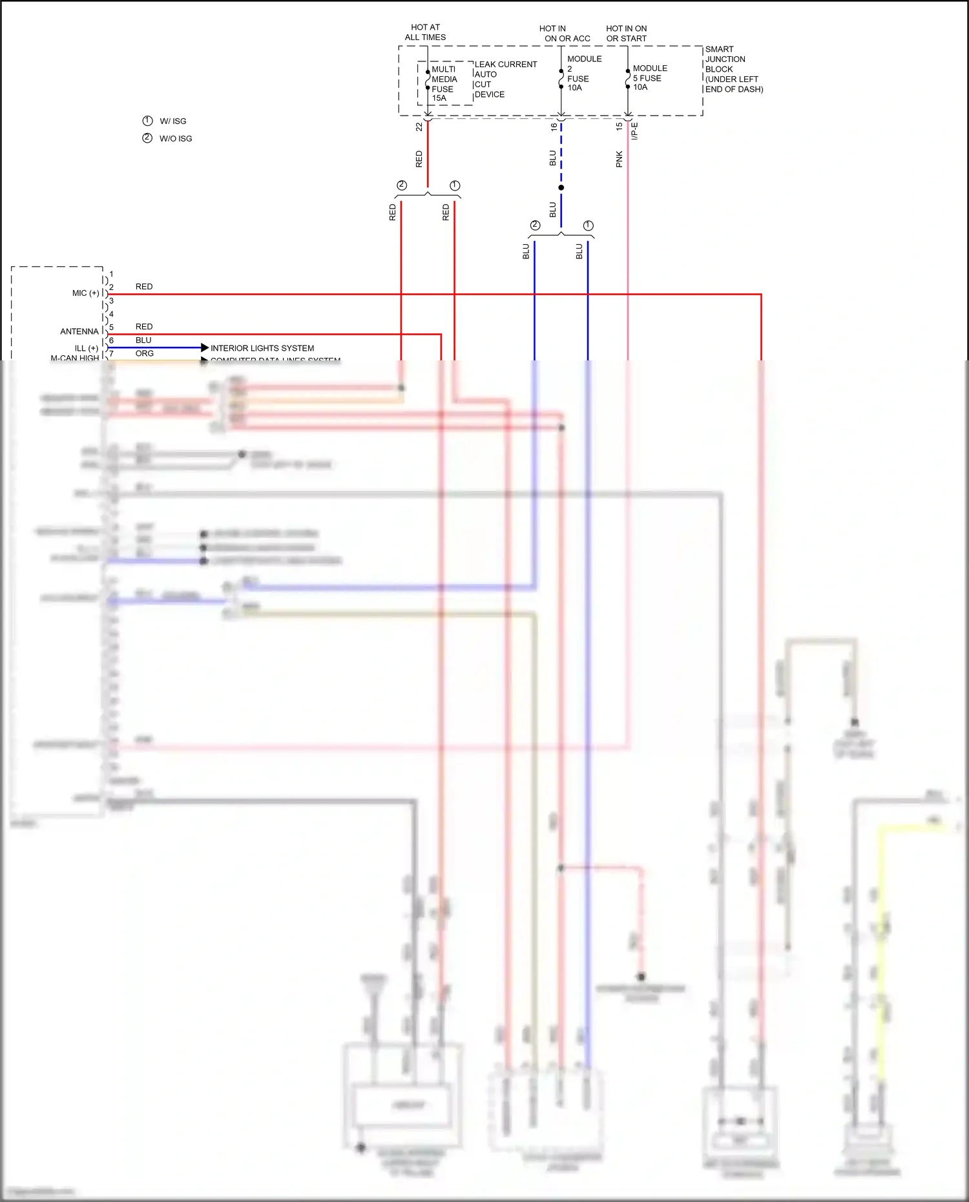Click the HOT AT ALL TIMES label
coord(425,32)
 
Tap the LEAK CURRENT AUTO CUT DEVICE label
coord(505,79)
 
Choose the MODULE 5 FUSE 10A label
coord(649,78)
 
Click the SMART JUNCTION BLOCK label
coord(733,69)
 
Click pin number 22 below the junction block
coord(419,127)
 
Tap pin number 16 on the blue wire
coord(554,127)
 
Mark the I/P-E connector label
coord(634,131)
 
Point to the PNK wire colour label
coord(619,160)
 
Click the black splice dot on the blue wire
coord(561,187)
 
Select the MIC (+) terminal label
coord(86,293)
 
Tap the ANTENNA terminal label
coord(79,331)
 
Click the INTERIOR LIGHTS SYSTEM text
coord(262,348)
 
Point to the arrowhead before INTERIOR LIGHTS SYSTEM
coord(205,347)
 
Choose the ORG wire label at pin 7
coord(145,353)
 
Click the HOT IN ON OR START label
coord(626,34)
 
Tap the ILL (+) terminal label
coord(87,348)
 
